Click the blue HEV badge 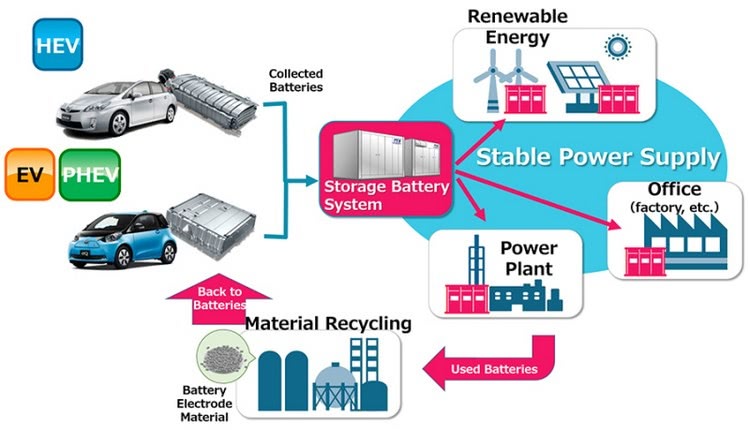(x=57, y=44)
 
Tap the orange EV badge (x=30, y=175)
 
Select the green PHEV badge (x=89, y=175)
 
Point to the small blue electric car (x=122, y=239)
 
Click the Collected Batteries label (x=296, y=80)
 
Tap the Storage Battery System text (x=386, y=195)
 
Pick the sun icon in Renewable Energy (x=617, y=47)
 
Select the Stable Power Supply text (x=598, y=157)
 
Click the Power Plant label (x=529, y=258)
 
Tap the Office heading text (x=674, y=189)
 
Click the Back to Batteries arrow (x=219, y=299)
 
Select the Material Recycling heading (x=328, y=323)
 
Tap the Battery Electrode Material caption (x=204, y=404)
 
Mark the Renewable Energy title (x=518, y=26)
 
